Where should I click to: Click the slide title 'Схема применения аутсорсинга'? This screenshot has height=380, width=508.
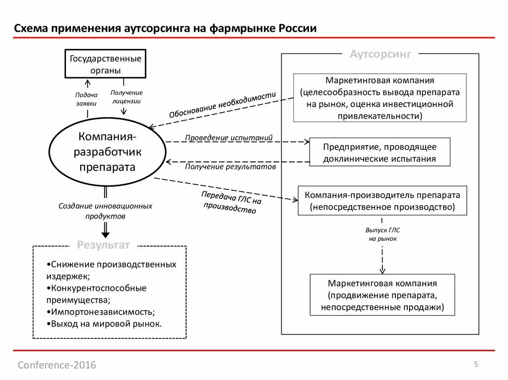165,28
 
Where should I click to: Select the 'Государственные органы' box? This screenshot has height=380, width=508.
105,64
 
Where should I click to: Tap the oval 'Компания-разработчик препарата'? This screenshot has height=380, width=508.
107,151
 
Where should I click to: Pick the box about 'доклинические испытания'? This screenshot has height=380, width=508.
380,153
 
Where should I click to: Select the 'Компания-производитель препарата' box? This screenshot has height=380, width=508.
382,201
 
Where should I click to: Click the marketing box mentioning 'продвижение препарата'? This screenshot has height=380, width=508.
382,295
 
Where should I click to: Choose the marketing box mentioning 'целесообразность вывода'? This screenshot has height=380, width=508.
380,98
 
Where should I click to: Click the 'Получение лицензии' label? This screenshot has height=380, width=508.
127,97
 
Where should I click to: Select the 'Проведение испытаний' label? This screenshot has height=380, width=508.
229,137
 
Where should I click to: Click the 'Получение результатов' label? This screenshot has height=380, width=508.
230,167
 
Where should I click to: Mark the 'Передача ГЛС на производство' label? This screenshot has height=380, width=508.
231,202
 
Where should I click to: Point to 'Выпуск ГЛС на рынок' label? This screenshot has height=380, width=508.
382,234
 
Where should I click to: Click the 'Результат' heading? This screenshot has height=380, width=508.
103,245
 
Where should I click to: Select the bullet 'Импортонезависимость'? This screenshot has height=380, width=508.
103,312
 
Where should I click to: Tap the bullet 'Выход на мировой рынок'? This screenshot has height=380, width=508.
106,324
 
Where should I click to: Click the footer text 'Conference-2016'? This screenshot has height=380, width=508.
57,365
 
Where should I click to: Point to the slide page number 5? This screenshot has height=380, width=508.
476,365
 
